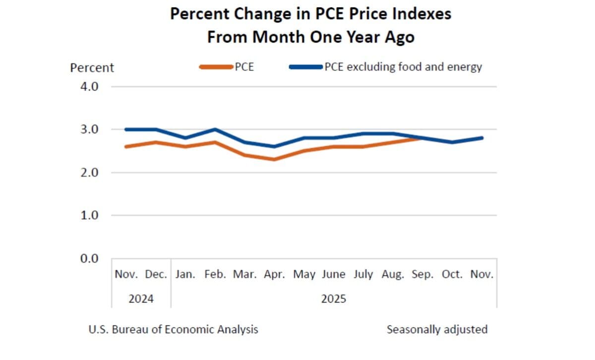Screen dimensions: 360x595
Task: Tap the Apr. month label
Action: click(274, 274)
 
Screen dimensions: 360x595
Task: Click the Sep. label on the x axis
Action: click(423, 274)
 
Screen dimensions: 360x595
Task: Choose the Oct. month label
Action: click(452, 274)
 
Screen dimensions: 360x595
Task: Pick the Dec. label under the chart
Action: click(156, 274)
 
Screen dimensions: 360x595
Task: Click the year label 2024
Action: click(141, 299)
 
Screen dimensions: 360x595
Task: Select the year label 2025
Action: click(334, 299)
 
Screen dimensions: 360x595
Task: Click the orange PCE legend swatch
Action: click(216, 67)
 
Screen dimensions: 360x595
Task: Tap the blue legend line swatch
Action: click(305, 67)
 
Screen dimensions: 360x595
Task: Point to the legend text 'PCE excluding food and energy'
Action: click(403, 67)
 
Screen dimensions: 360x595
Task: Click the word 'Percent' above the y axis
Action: click(92, 67)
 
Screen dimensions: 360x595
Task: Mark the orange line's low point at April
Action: click(274, 159)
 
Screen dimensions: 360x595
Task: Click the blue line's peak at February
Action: click(215, 129)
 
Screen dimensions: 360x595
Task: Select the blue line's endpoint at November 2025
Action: click(481, 138)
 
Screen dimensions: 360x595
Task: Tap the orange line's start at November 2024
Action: click(126, 147)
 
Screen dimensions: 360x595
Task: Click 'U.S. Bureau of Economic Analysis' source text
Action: click(174, 329)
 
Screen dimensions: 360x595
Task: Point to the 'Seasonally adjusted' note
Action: click(437, 329)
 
